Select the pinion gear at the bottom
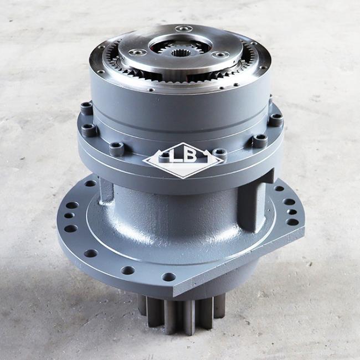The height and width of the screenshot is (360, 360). pos(181,314)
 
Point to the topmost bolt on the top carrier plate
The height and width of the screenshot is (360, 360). pos(184,29)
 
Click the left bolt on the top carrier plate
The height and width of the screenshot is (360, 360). pos(137,53)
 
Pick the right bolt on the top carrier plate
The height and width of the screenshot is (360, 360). pos(220,55)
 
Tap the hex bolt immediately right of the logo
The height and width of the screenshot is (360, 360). pos(219,153)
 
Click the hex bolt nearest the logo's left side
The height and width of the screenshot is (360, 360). pos(116,149)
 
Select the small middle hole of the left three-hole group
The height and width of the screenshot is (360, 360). pos(69,215)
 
